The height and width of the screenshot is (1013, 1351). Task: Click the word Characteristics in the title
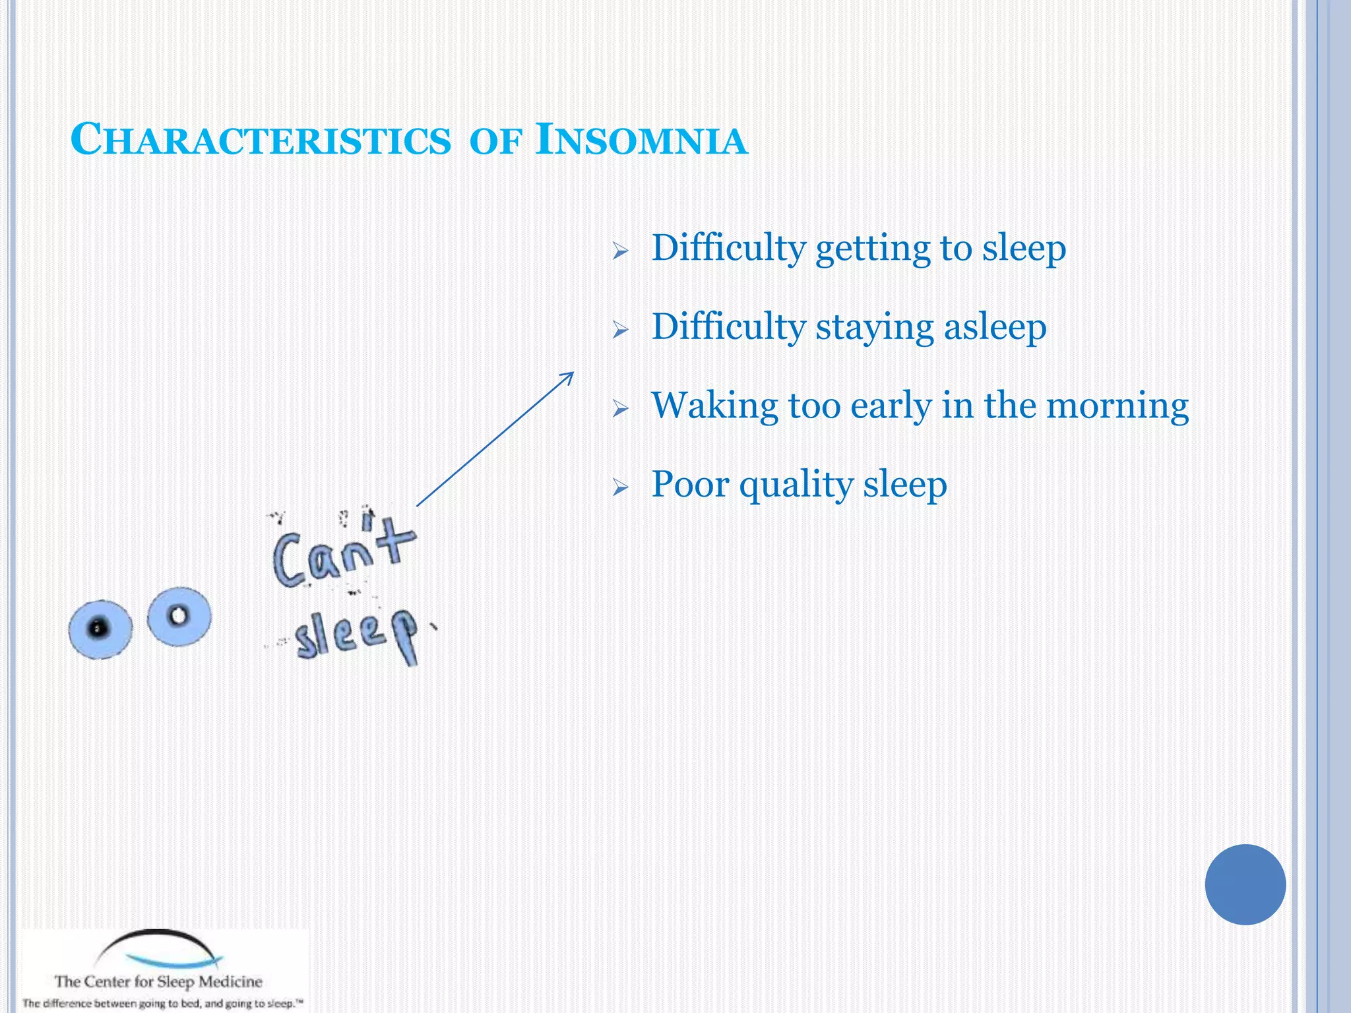point(261,140)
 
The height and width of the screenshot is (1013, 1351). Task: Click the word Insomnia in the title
point(641,140)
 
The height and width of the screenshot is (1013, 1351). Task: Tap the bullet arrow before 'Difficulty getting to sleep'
point(620,251)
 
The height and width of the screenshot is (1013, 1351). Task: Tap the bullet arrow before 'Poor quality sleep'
point(620,487)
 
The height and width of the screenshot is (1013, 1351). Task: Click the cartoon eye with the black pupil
point(100,629)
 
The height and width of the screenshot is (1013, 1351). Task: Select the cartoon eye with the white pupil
point(179,616)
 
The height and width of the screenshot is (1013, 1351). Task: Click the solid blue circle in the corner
point(1245,884)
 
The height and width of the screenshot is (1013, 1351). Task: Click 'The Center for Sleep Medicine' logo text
point(158,981)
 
